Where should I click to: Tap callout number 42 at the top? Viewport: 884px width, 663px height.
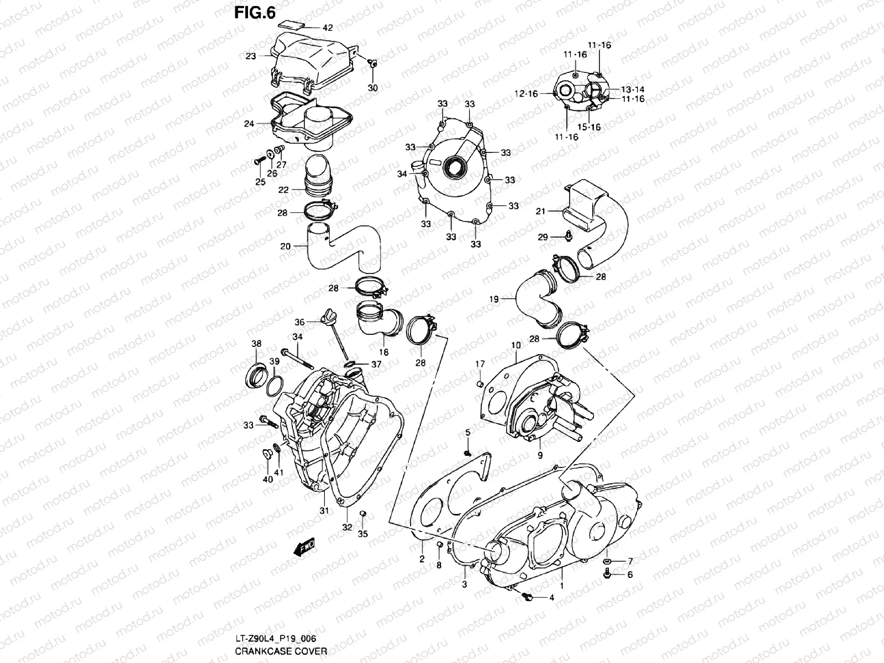coord(328,28)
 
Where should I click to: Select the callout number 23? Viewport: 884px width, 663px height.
coord(251,56)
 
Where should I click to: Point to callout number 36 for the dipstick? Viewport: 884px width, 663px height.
coord(299,322)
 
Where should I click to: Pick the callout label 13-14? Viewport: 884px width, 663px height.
coord(633,90)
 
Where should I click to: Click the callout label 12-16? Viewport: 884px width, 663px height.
coord(526,94)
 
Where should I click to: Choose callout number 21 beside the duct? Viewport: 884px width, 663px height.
coord(540,211)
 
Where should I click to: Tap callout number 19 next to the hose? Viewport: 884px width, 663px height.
coord(494,299)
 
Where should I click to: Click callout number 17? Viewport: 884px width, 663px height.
coord(480,364)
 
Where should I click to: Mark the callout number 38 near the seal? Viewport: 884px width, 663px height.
coord(256,344)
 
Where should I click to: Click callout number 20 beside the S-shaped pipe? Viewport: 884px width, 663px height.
coord(285,246)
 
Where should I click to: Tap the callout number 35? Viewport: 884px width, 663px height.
coord(362,534)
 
